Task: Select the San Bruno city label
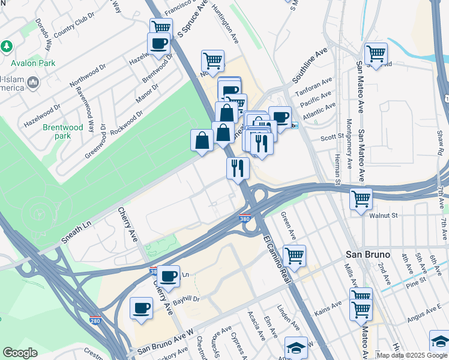pos(368,254)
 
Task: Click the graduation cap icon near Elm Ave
pos(296,347)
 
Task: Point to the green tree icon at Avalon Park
pos(7,46)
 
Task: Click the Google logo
pos(20,353)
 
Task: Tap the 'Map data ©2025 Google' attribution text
pos(412,355)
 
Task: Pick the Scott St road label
pos(331,137)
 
